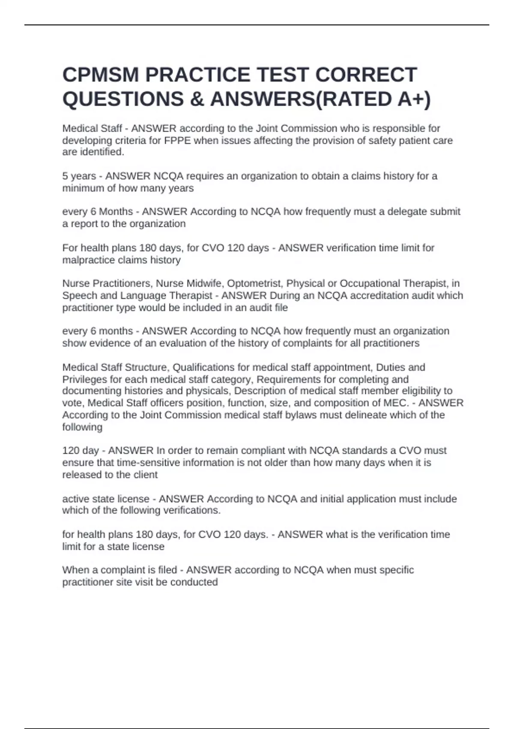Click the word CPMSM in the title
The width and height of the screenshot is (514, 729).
click(101, 75)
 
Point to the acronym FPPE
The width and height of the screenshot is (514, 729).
click(177, 141)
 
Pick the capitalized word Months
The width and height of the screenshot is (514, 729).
click(116, 212)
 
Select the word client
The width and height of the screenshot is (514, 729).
click(144, 475)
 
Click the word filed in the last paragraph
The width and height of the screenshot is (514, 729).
click(167, 570)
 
